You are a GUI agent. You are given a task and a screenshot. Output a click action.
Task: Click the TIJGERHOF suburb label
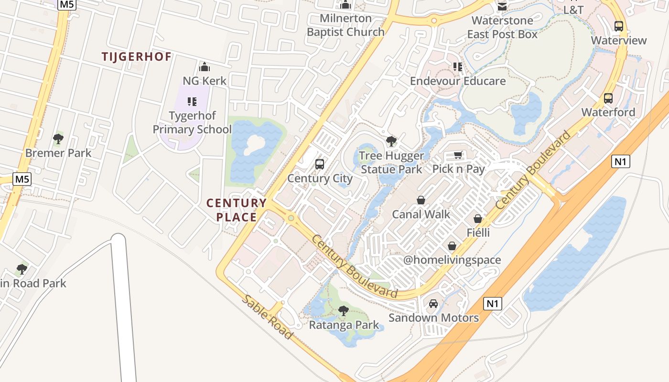click(136, 57)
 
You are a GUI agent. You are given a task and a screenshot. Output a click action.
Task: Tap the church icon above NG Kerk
click(205, 67)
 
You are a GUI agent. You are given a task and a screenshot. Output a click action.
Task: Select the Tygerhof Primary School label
click(192, 123)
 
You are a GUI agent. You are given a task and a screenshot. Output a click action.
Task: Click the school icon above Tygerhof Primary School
click(192, 101)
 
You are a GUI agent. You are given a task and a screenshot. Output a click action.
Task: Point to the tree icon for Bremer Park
click(58, 139)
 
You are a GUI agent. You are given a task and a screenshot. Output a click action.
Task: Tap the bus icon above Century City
click(320, 164)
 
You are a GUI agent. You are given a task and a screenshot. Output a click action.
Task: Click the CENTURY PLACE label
click(237, 210)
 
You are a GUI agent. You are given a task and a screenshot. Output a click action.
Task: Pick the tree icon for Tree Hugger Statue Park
click(391, 141)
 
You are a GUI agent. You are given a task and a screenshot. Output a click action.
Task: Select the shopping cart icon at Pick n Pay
click(458, 155)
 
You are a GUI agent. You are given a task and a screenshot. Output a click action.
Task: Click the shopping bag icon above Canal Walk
click(421, 200)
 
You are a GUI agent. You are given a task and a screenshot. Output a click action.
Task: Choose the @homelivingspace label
click(452, 260)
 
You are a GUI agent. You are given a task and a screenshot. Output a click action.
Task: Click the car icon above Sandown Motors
click(433, 304)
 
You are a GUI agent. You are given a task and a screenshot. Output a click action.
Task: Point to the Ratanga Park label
click(344, 325)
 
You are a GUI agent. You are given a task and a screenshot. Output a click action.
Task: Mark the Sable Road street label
click(267, 317)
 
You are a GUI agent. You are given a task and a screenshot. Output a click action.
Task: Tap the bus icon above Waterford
click(608, 98)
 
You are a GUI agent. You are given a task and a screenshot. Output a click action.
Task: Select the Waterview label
click(619, 40)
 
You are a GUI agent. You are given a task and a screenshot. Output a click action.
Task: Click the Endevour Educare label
click(458, 81)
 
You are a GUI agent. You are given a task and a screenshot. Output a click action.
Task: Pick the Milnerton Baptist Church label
click(345, 25)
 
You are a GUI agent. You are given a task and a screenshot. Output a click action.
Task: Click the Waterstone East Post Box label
click(502, 27)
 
